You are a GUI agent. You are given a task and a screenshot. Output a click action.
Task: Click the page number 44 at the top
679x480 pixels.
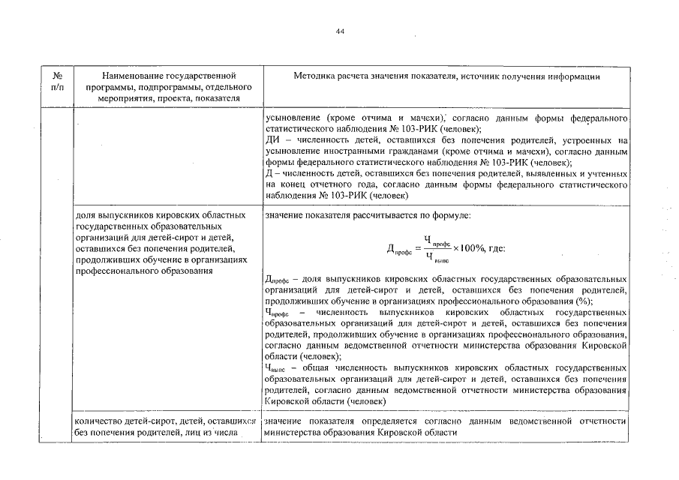340,31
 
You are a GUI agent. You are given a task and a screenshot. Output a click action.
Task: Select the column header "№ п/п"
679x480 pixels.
57,81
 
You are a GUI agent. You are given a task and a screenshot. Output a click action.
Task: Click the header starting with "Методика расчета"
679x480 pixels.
446,76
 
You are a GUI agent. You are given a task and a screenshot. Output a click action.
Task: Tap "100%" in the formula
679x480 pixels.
473,248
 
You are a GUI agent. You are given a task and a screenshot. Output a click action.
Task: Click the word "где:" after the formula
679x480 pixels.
497,248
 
